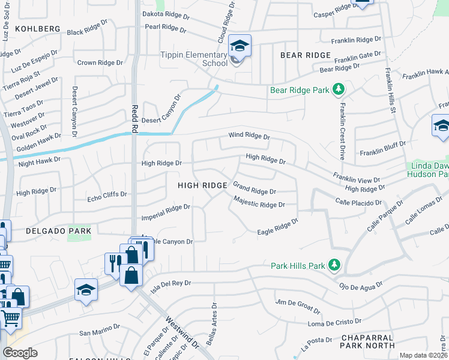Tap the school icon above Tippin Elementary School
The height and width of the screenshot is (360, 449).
tap(240, 46)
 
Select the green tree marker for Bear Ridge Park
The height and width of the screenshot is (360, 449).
tap(339, 90)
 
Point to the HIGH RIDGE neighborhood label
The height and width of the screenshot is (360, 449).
tap(202, 186)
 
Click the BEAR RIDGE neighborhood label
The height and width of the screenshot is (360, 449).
tap(306, 55)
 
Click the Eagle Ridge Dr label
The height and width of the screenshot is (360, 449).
tap(277, 227)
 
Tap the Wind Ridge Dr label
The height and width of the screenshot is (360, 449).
tap(249, 136)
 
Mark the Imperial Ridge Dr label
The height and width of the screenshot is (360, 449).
tap(165, 211)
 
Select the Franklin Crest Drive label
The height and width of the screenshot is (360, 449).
tap(342, 131)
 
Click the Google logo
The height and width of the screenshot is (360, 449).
tap(20, 353)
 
